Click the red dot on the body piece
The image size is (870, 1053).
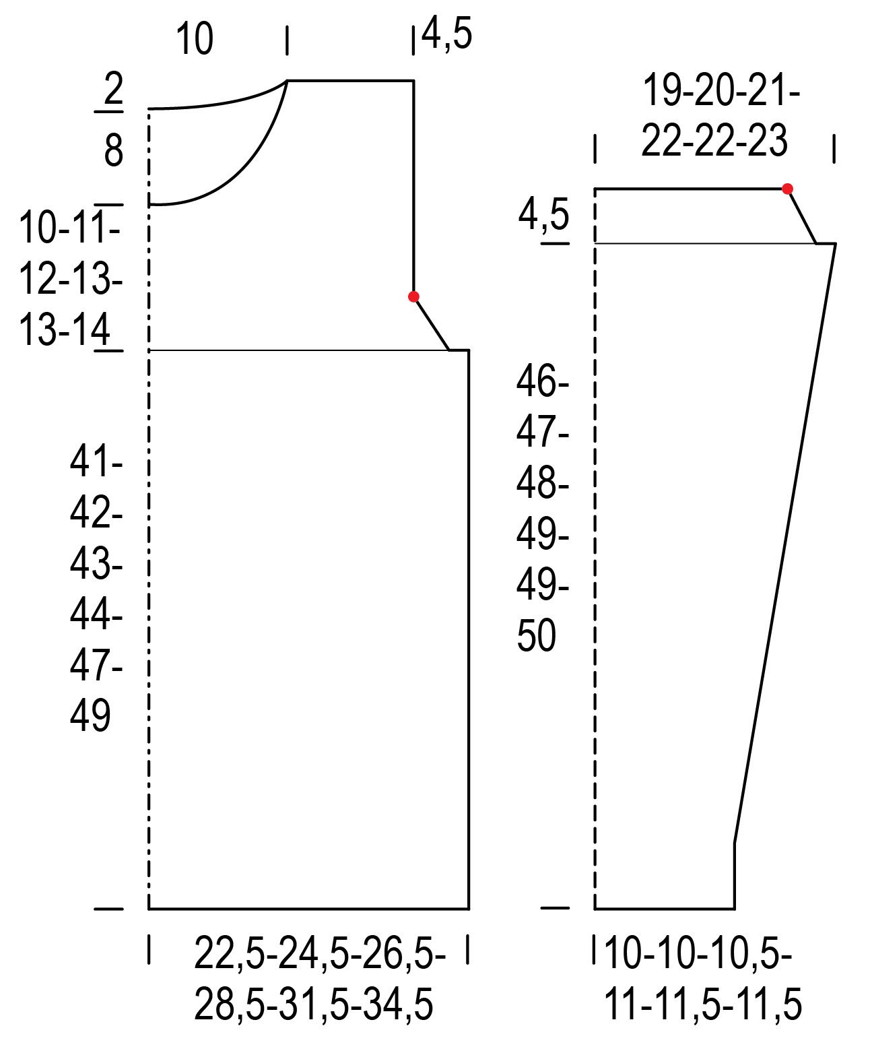click(x=413, y=296)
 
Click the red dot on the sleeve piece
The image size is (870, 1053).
click(x=787, y=189)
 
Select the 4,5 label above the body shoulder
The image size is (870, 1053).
click(x=446, y=34)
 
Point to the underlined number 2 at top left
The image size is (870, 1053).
click(x=113, y=89)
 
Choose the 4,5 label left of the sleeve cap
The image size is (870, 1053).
click(x=544, y=215)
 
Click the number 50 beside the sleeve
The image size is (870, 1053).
click(x=536, y=636)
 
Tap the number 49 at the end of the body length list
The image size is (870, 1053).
click(x=90, y=715)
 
